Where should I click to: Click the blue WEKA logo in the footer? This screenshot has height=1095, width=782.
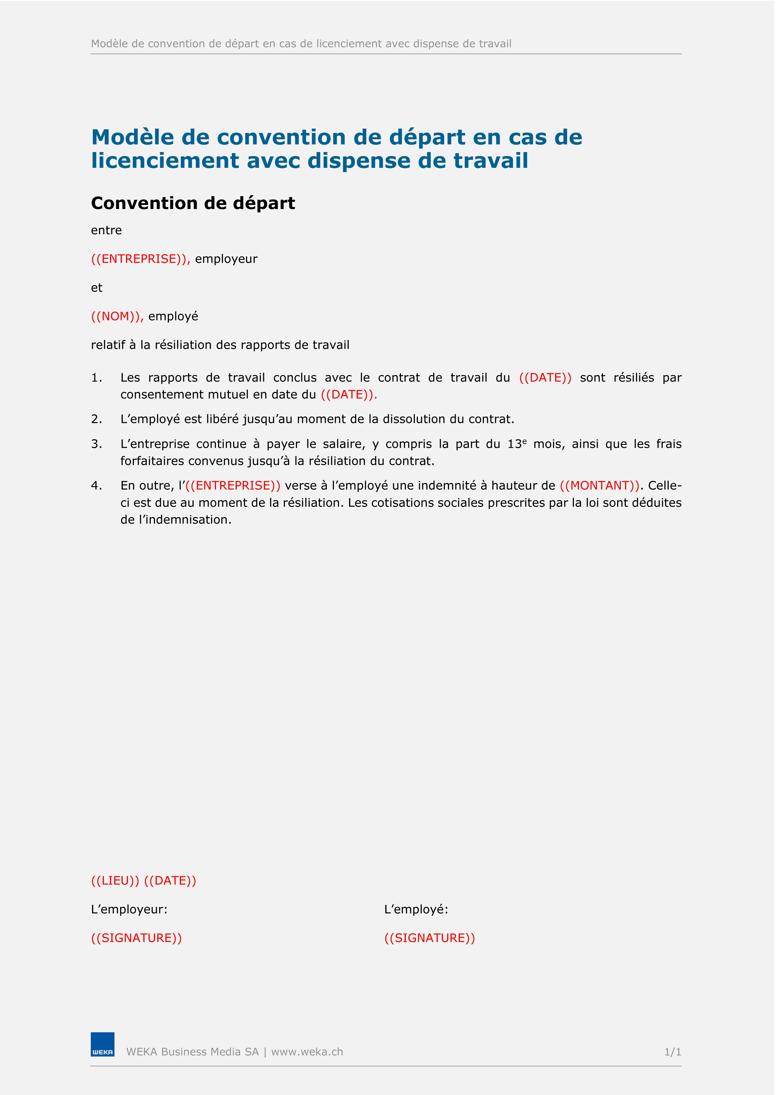coord(103,1044)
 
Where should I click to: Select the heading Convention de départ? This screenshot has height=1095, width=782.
coord(193,203)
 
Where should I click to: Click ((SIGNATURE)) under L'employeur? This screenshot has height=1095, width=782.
coord(136,938)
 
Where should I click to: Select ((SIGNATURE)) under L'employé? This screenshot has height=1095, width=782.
coord(429,938)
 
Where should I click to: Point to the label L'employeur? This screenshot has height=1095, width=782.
coord(129,909)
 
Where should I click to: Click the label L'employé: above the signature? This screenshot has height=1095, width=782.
coord(416,909)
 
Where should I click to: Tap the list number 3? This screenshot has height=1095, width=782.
coord(96,444)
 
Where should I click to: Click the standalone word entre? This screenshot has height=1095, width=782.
coord(106,230)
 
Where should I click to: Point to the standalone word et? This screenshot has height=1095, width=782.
coord(97,288)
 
